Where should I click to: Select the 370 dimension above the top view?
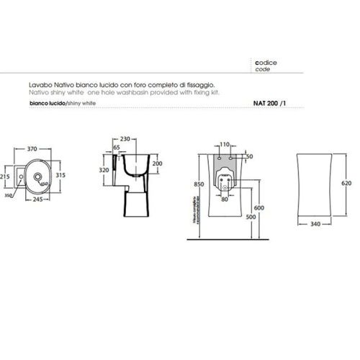[32, 149]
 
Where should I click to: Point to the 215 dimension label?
[4, 174]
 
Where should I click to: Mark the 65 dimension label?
[117, 147]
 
